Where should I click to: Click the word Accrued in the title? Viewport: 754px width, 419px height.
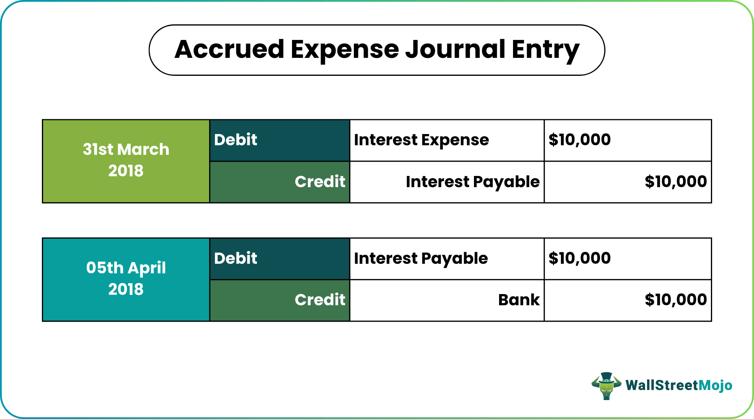pos(229,49)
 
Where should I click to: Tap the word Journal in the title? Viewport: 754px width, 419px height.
pos(455,49)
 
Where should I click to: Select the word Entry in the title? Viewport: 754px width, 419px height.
pos(545,50)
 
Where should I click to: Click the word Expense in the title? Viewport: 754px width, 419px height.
pos(345,50)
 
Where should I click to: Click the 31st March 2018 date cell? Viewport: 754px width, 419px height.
pos(126,161)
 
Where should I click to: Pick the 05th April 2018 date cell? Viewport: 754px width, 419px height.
pos(126,280)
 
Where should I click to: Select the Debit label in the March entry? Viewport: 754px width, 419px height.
pos(236,140)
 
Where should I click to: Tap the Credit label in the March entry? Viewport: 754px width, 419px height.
pos(320,182)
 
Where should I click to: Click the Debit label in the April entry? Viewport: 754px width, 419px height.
pos(236,258)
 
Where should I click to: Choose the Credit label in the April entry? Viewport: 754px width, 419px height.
pos(320,300)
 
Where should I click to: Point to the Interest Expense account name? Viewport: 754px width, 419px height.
pos(421,140)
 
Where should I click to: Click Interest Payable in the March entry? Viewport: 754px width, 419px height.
pos(473,182)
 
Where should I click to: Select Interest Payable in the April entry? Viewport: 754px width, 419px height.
pos(421,259)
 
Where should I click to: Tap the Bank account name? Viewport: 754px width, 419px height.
pos(519,300)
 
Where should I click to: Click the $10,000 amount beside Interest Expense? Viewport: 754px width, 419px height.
pos(580,140)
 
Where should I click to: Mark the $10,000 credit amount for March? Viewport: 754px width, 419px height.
pos(676,182)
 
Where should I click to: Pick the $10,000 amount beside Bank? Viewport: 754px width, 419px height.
pos(676,300)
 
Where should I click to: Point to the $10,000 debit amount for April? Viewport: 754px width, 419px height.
pos(580,258)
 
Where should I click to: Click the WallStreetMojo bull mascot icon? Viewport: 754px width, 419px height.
pos(606,386)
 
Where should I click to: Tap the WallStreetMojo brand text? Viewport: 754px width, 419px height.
pos(679,385)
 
